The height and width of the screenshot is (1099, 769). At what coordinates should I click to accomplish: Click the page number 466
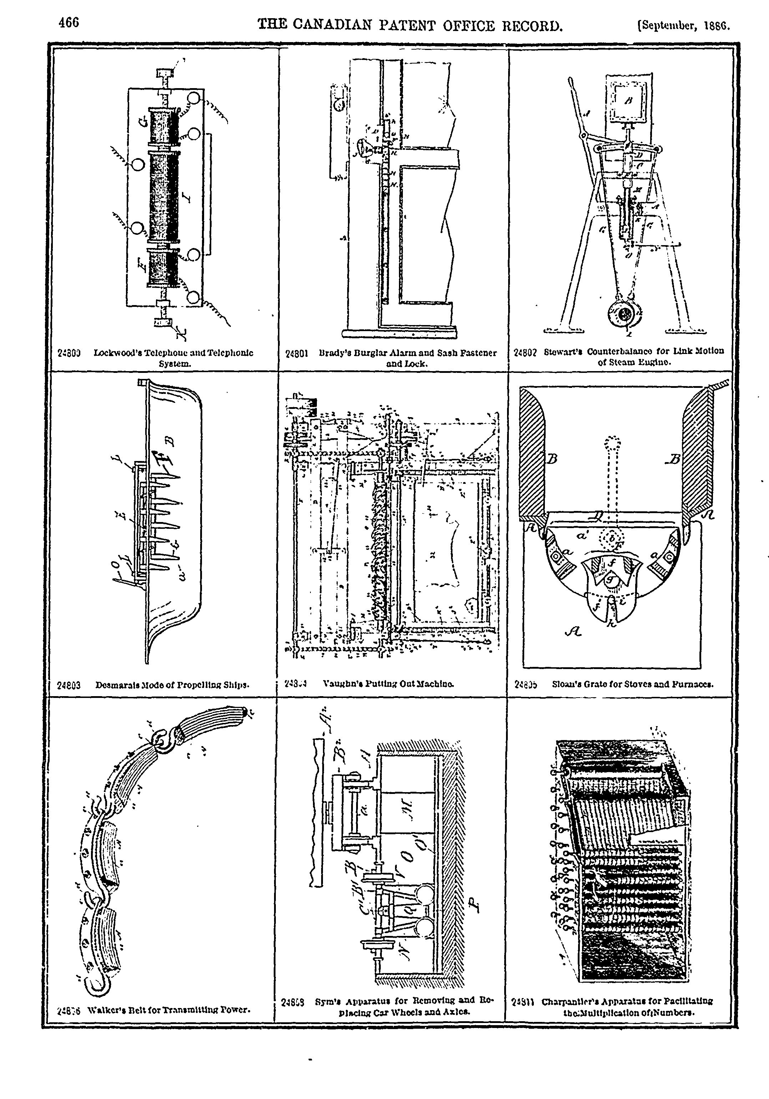click(69, 22)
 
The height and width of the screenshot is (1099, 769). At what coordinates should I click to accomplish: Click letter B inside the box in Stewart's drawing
click(628, 101)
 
